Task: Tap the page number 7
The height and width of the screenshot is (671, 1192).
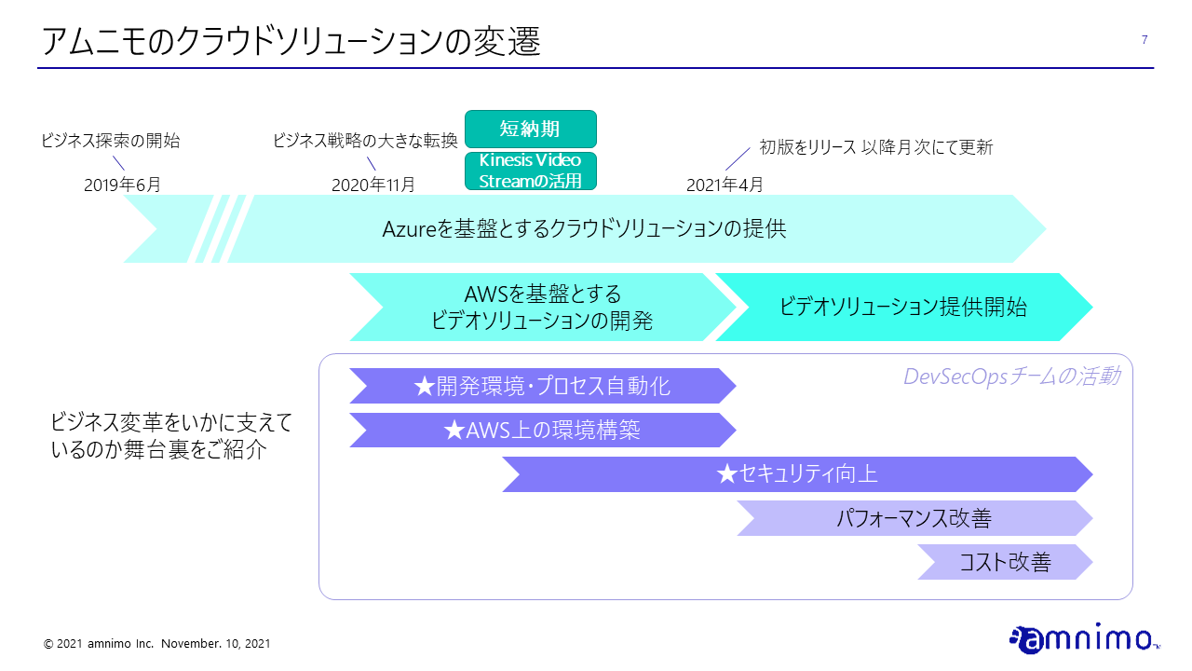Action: [x=1144, y=39]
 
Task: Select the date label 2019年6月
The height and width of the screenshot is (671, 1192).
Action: [x=122, y=185]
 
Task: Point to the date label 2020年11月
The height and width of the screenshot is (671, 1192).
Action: [x=372, y=185]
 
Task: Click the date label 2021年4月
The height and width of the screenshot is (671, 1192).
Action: [x=725, y=185]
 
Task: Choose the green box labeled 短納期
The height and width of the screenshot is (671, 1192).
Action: [x=530, y=129]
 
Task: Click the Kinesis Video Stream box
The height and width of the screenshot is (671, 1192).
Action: [x=530, y=171]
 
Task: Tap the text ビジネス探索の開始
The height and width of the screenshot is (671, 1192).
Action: [x=110, y=142]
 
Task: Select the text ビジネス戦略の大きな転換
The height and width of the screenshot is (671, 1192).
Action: [x=364, y=142]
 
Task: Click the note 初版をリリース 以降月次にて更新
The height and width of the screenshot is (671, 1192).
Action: [x=875, y=147]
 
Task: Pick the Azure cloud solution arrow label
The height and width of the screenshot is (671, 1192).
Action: [x=584, y=228]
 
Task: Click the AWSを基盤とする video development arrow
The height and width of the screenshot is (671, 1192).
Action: [x=541, y=308]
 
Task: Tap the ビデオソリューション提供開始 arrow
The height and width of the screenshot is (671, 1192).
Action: [x=902, y=308]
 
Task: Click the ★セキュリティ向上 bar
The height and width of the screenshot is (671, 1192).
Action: [x=796, y=474]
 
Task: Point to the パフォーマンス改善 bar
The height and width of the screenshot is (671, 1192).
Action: [x=913, y=518]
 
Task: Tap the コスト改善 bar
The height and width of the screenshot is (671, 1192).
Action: [x=1004, y=562]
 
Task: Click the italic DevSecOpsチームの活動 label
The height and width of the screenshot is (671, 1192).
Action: [x=1011, y=377]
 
